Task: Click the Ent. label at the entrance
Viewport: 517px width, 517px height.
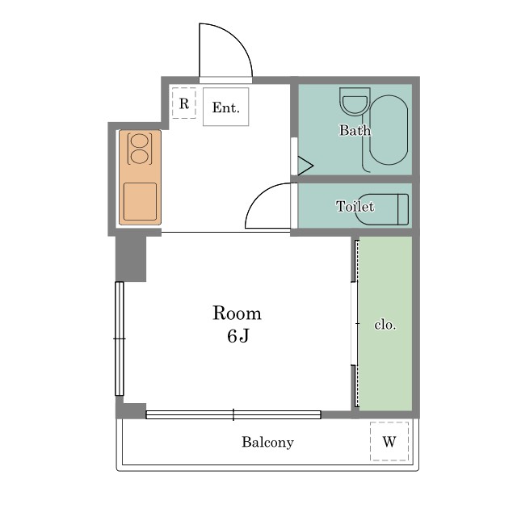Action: click(225, 107)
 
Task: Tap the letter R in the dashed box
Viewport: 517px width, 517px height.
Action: click(184, 104)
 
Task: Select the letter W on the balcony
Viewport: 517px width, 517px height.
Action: click(389, 441)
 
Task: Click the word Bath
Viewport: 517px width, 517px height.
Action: click(355, 130)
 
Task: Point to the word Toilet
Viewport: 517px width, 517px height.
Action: click(355, 207)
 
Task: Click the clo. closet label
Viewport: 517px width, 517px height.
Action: click(385, 325)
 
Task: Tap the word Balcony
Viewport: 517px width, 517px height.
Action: click(267, 442)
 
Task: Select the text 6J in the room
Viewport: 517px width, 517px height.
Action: click(237, 336)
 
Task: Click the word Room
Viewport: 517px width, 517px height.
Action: click(237, 313)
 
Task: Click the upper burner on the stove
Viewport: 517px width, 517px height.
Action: click(140, 141)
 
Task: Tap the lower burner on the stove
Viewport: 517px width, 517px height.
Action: click(140, 156)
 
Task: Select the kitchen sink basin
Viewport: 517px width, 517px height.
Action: click(140, 201)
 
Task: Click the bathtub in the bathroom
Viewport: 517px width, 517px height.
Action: click(389, 130)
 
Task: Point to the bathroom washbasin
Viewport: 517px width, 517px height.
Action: click(355, 102)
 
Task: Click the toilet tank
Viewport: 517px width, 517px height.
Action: click(403, 209)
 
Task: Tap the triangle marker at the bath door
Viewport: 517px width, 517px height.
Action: click(305, 166)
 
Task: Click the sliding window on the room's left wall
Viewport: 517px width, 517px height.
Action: click(120, 338)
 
